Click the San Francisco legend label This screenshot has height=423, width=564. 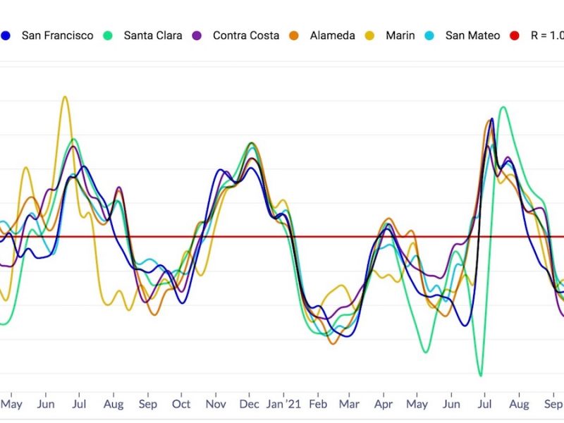(x=57, y=35)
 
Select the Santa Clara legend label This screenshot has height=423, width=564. (x=153, y=35)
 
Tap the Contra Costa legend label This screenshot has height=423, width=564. (x=246, y=35)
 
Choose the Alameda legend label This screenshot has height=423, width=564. (x=333, y=35)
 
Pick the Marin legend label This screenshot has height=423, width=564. (x=400, y=35)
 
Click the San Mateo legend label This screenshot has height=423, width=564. (x=472, y=35)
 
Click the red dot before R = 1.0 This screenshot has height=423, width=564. (x=515, y=35)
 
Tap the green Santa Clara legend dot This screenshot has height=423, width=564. (x=108, y=35)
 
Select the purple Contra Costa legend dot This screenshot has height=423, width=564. (x=197, y=35)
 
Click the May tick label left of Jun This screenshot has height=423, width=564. (x=11, y=405)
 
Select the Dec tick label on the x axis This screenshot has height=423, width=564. (x=250, y=405)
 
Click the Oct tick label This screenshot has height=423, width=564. (x=181, y=405)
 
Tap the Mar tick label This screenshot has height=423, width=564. (x=348, y=405)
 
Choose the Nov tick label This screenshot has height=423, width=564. (x=216, y=405)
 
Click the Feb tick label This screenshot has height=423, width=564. (x=318, y=405)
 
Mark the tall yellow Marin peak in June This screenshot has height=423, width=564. (x=65, y=97)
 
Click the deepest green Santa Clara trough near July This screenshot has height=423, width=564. (x=480, y=375)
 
